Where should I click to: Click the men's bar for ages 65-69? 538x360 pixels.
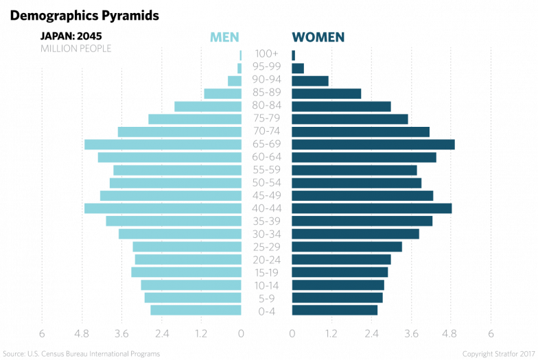point(163,145)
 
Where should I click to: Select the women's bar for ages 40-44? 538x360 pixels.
point(371,208)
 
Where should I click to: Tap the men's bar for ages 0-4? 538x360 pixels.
point(196,311)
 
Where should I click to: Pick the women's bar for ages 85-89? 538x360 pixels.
point(326,93)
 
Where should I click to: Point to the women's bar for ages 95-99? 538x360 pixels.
point(298,68)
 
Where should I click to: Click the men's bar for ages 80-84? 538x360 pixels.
point(208,106)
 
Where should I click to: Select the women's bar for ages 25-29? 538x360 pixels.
point(347,247)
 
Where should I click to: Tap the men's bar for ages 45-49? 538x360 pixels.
point(170,195)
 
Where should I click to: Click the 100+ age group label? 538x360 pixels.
point(266,54)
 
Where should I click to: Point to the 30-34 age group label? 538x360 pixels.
point(266,234)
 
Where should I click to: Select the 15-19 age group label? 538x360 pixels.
point(266,272)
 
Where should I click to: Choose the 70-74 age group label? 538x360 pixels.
point(266,132)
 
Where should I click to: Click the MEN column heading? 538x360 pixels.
point(224,37)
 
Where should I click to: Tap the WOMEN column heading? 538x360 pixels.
point(318,37)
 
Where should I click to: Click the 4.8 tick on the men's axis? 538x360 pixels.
point(82,334)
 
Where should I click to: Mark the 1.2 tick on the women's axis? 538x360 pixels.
point(331,334)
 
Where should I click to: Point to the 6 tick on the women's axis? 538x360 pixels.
point(491,334)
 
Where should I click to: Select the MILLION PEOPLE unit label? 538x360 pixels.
point(75,49)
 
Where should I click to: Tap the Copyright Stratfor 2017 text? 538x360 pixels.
point(498,354)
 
